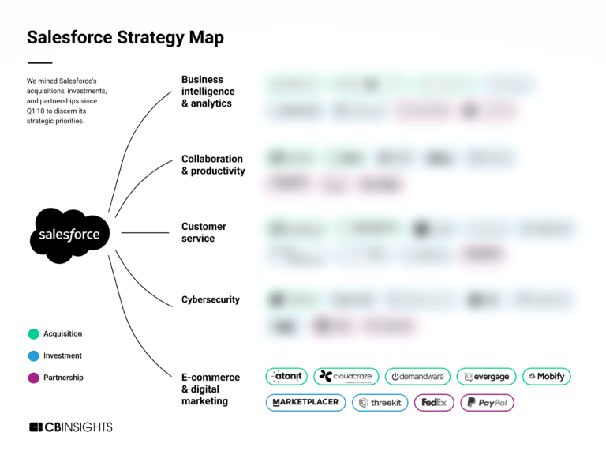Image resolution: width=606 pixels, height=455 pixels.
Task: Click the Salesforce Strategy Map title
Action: pyautogui.click(x=125, y=37)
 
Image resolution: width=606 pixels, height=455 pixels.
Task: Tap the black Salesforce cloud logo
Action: pyautogui.click(x=70, y=235)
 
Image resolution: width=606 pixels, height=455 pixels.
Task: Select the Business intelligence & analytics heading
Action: pyautogui.click(x=208, y=92)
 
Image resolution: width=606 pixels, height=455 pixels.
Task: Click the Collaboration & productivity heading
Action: pyautogui.click(x=213, y=165)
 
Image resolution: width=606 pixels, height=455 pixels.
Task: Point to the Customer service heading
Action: pyautogui.click(x=204, y=232)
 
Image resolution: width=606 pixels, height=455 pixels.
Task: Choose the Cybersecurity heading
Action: pyautogui.click(x=211, y=300)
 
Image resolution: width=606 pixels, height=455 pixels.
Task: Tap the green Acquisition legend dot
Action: pyautogui.click(x=33, y=334)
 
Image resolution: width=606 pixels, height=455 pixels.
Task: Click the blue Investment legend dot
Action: pyautogui.click(x=33, y=356)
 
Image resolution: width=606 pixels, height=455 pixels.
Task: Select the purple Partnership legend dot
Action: pyautogui.click(x=33, y=378)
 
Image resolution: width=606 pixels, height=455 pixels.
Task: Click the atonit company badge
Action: pyautogui.click(x=286, y=377)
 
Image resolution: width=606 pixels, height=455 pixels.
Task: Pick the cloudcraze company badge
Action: pyautogui.click(x=346, y=377)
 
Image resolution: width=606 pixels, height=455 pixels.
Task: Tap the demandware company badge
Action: pyautogui.click(x=417, y=377)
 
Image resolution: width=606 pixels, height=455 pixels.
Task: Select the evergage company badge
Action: pyautogui.click(x=486, y=377)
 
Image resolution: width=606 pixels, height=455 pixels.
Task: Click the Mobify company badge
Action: pyautogui.click(x=546, y=377)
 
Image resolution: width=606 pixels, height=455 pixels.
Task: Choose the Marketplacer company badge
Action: pyautogui.click(x=305, y=403)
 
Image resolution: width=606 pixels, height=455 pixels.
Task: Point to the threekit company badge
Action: pyautogui.click(x=380, y=403)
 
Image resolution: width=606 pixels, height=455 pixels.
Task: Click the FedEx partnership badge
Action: pyautogui.click(x=434, y=403)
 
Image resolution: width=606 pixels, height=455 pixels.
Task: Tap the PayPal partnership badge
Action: pyautogui.click(x=487, y=403)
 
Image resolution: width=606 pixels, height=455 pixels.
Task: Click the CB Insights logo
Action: pyautogui.click(x=71, y=427)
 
